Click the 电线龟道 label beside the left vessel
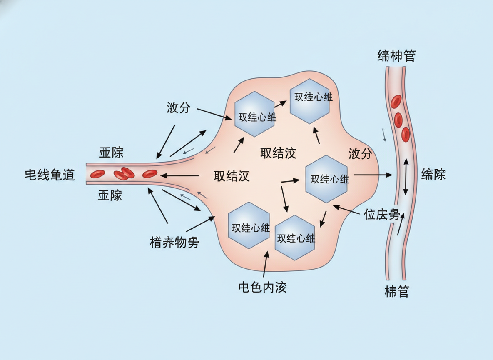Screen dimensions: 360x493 pyautogui.click(x=50, y=175)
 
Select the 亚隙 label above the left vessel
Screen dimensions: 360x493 pyautogui.click(x=111, y=152)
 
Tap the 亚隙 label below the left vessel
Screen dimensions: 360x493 pyautogui.click(x=110, y=195)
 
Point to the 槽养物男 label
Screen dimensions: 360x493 pyautogui.click(x=174, y=242)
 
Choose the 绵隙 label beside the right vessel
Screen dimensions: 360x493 pyautogui.click(x=433, y=174)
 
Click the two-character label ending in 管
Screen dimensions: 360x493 pyautogui.click(x=396, y=292)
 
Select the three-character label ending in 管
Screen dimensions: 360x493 pyautogui.click(x=396, y=55)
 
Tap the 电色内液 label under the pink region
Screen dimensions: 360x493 pyautogui.click(x=262, y=287)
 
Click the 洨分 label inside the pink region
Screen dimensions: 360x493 pyautogui.click(x=360, y=154)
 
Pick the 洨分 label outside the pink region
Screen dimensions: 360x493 pyautogui.click(x=178, y=108)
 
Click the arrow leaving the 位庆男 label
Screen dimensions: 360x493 pyautogui.click(x=349, y=210)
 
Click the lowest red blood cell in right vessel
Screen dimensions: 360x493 pyautogui.click(x=405, y=134)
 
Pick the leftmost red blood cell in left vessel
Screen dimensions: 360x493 pyautogui.click(x=98, y=174)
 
